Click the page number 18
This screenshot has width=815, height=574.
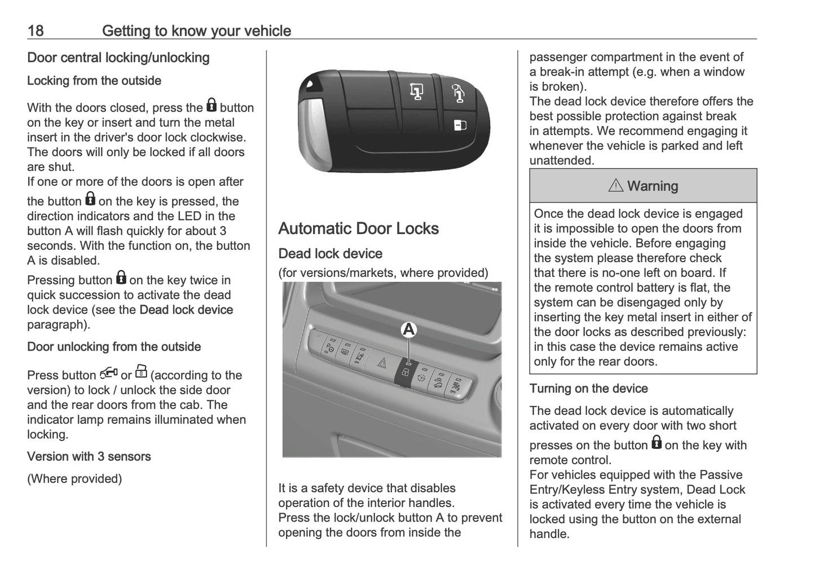point(36,30)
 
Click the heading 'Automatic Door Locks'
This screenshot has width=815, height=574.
point(358,228)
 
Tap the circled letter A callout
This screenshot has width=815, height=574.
point(408,330)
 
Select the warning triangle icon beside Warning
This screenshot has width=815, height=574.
point(615,186)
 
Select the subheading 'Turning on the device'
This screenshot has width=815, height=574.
point(588,388)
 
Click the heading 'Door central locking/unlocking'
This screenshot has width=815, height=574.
point(118,58)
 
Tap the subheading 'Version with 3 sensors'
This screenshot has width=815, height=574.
point(89,456)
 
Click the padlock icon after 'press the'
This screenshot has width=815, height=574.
point(212,105)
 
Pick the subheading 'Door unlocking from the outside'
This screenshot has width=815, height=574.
point(114,346)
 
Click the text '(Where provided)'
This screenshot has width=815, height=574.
point(74,479)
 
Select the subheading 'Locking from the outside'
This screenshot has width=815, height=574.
point(94,81)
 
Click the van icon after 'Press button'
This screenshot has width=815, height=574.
point(108,373)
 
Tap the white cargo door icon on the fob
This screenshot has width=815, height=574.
point(460,125)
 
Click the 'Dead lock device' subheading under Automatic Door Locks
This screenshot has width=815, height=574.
point(330,254)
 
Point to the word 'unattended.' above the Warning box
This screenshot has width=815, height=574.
point(562,161)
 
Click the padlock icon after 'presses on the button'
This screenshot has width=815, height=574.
point(656,443)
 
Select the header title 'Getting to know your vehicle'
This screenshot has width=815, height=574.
point(196,30)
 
